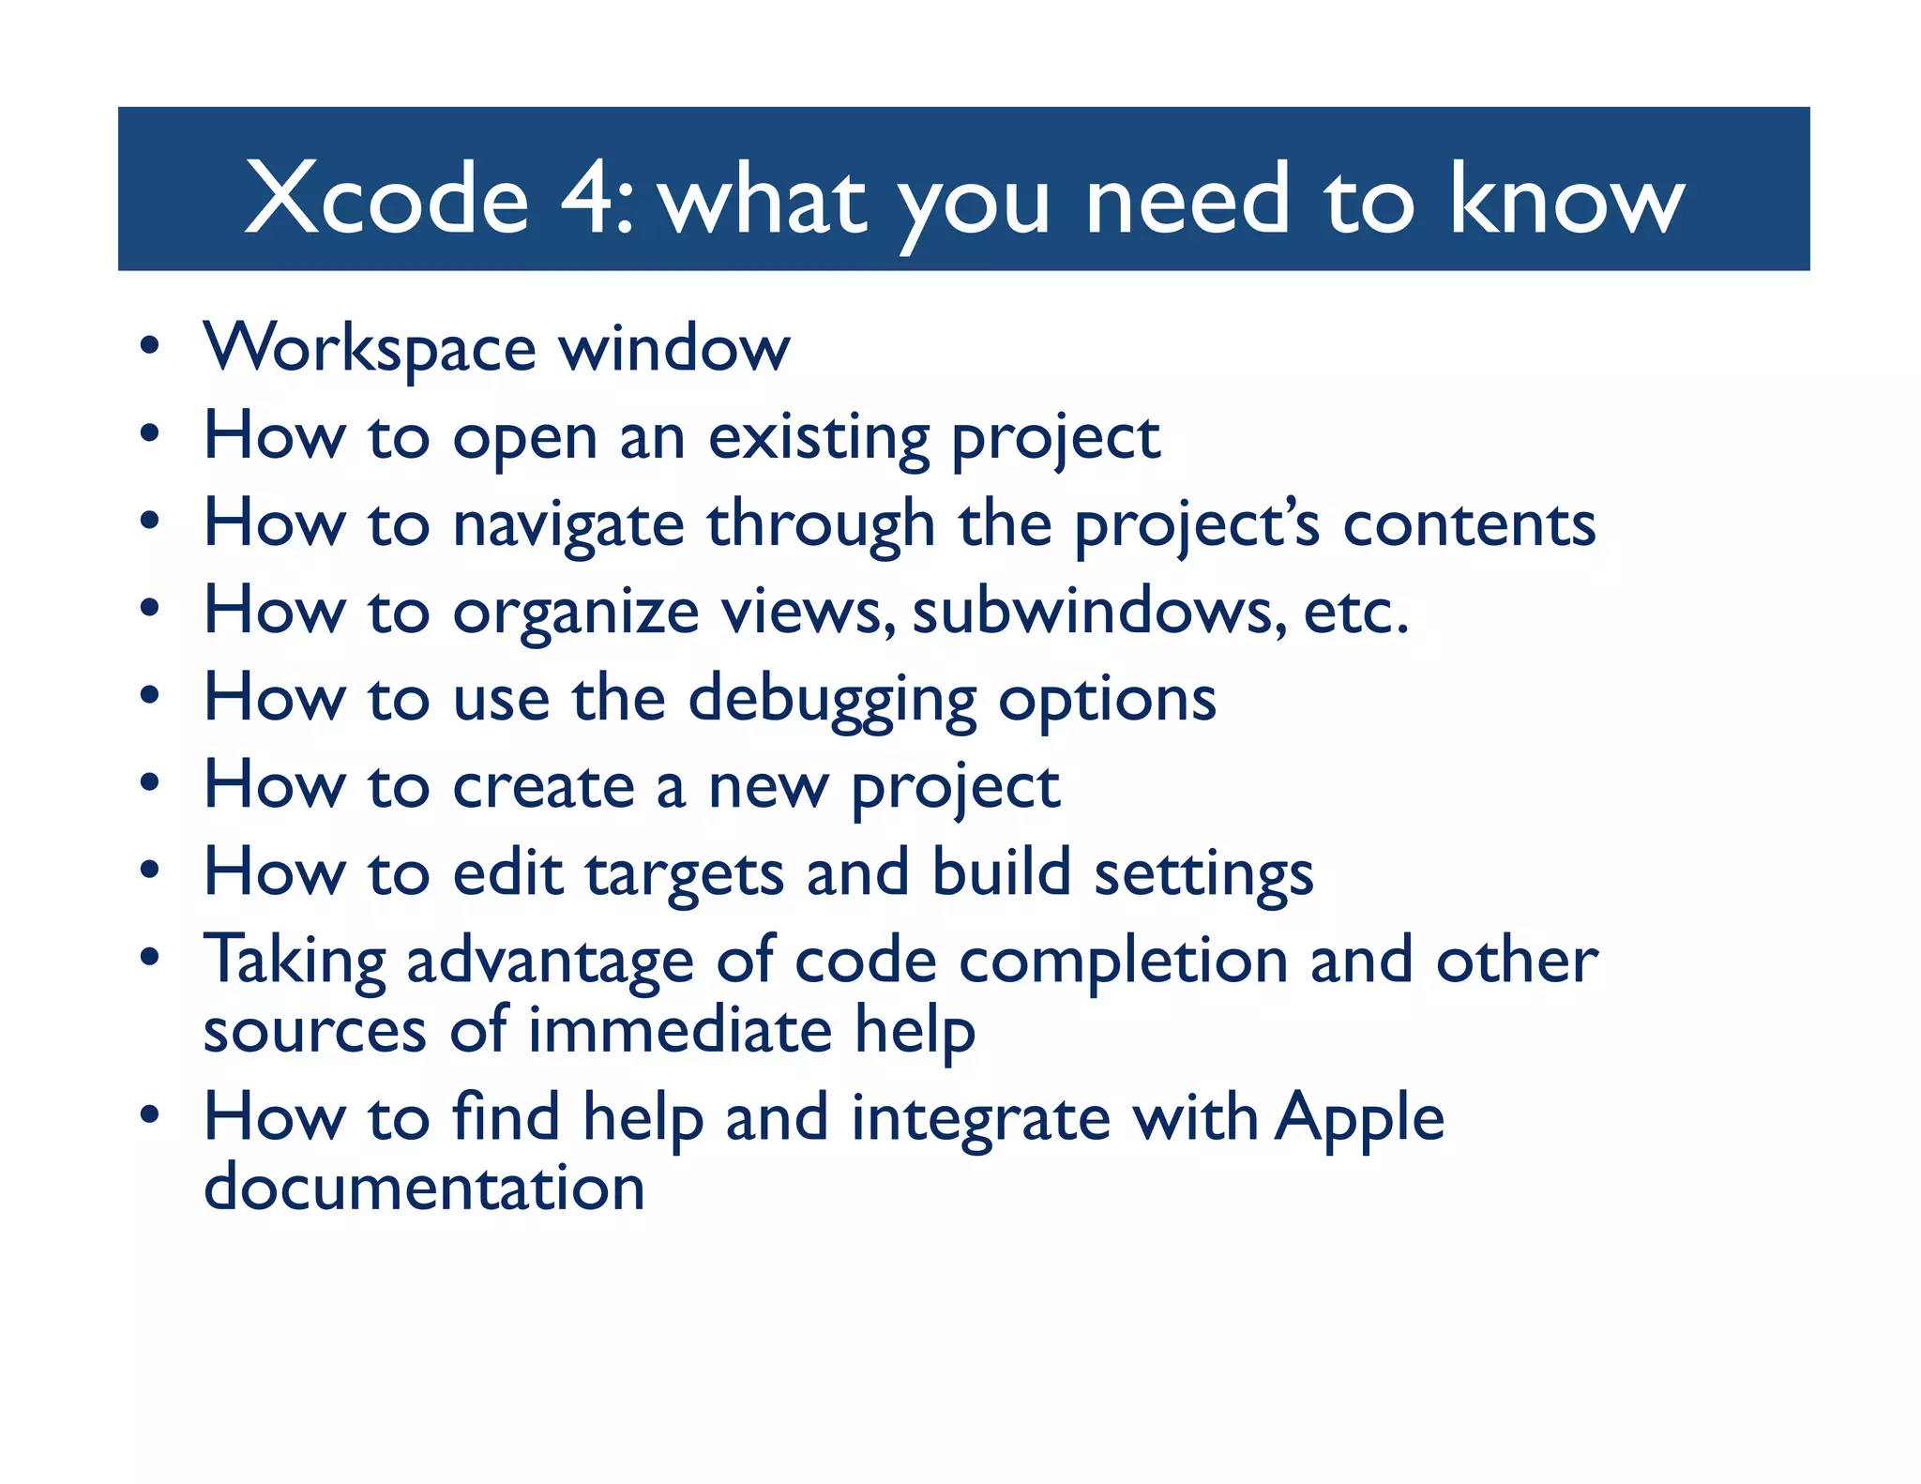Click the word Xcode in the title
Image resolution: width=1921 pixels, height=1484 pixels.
(386, 199)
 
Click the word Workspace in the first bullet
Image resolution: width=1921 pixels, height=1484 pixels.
(370, 350)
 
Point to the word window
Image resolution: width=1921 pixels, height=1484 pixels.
(674, 348)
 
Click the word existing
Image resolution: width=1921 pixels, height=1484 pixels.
(818, 439)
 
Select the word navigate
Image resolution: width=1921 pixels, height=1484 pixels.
(568, 525)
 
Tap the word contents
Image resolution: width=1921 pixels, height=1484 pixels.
(1469, 524)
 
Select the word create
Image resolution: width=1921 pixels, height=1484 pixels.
(544, 786)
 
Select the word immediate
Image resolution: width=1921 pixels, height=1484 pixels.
(680, 1031)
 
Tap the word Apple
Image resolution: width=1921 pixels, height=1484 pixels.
(1359, 1119)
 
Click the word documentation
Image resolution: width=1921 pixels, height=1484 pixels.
(424, 1188)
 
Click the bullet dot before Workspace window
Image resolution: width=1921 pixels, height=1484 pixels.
(149, 346)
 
